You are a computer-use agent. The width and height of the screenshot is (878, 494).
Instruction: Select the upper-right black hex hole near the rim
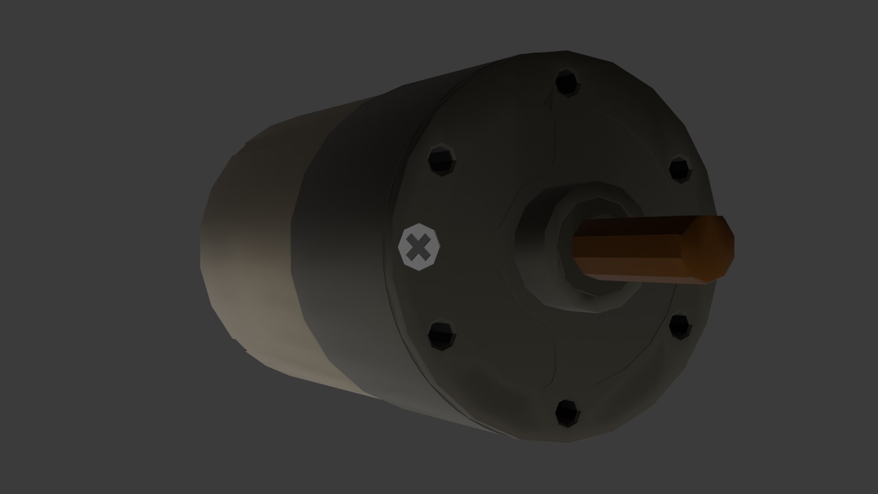(681, 169)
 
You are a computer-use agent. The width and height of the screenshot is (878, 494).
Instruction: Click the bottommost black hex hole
(567, 413)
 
